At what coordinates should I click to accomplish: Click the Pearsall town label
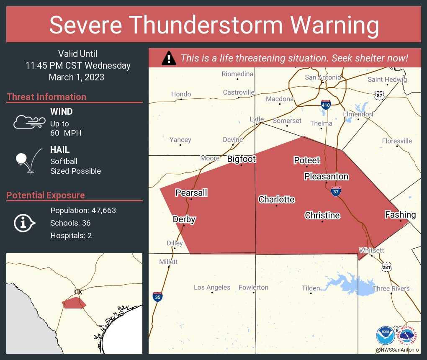(x=191, y=193)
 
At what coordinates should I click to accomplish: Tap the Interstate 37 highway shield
(x=335, y=191)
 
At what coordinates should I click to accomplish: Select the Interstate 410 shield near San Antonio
(x=326, y=105)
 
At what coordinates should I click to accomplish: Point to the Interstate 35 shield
(x=157, y=297)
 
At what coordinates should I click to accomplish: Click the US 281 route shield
(x=386, y=267)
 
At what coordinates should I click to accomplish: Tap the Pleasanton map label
(x=326, y=176)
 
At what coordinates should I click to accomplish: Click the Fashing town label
(x=400, y=215)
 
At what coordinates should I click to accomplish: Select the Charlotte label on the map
(x=276, y=199)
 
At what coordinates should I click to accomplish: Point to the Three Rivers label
(x=391, y=288)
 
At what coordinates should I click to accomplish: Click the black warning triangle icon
(x=169, y=58)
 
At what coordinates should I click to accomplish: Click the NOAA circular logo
(x=385, y=335)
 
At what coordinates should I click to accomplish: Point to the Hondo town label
(x=181, y=94)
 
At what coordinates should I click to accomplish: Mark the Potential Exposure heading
(x=46, y=195)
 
